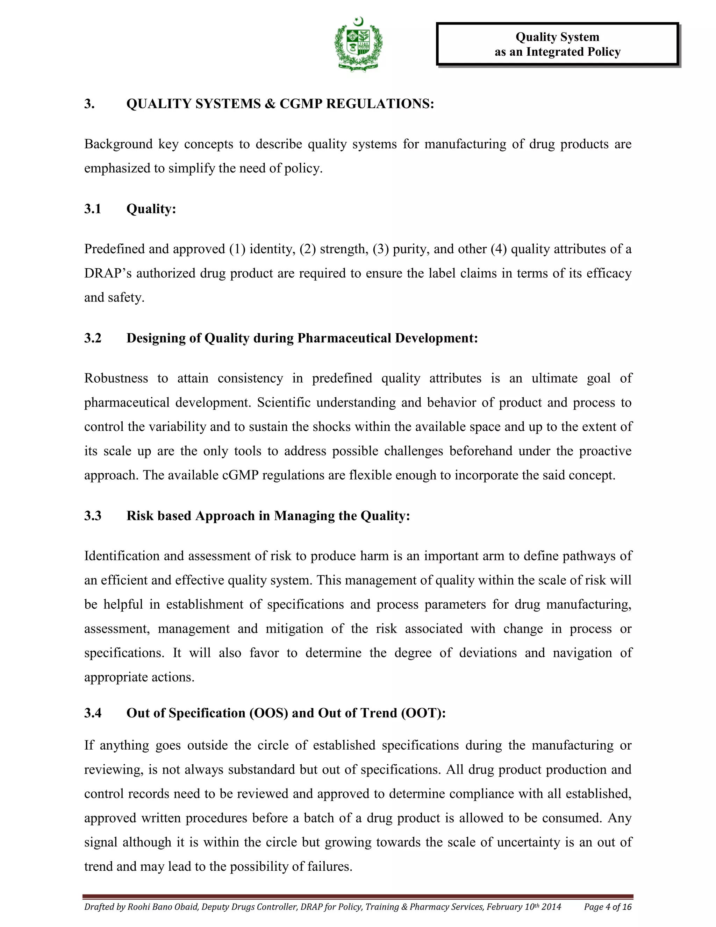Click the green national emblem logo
[358, 44]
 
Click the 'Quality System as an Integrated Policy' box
[557, 44]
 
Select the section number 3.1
[92, 209]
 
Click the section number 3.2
[92, 338]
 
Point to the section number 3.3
[92, 516]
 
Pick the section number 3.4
[92, 713]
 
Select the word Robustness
[116, 378]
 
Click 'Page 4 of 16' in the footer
[607, 907]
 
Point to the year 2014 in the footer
[551, 907]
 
